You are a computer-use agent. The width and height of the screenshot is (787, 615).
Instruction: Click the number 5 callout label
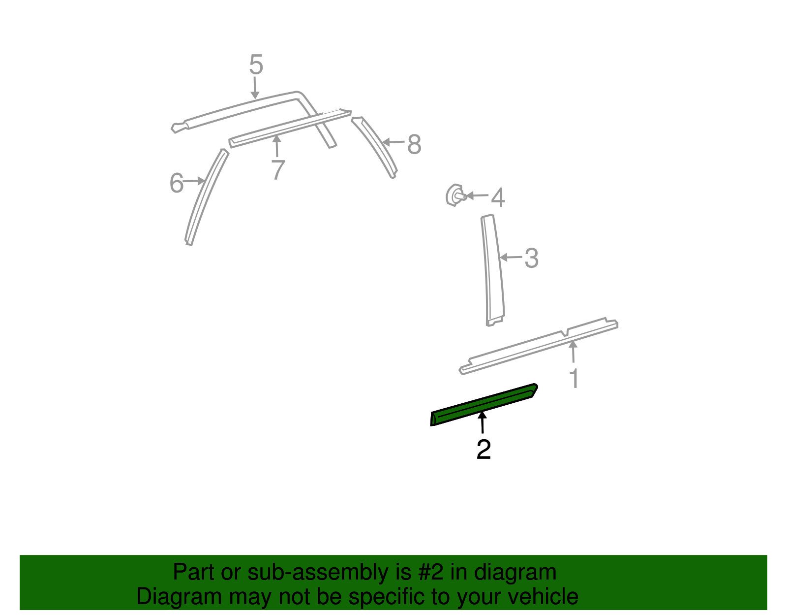coord(256,65)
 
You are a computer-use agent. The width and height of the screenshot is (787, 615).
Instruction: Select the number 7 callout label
coord(278,170)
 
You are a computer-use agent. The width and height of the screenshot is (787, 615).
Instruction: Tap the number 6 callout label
coord(177,183)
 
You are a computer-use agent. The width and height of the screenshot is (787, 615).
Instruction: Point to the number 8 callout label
coord(414,145)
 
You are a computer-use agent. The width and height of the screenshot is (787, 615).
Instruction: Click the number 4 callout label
coord(498,197)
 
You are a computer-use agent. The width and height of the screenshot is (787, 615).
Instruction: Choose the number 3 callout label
coord(531,258)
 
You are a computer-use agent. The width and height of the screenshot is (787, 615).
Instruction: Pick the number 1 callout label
coord(574,379)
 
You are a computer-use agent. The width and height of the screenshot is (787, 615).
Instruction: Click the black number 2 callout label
coord(484,450)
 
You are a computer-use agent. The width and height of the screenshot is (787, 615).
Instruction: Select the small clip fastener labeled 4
coord(453,195)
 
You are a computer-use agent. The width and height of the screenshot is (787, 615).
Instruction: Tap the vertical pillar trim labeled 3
coord(492,271)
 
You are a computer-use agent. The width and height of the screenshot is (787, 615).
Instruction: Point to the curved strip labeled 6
coord(206,197)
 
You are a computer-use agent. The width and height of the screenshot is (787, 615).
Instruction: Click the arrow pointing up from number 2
coord(483,423)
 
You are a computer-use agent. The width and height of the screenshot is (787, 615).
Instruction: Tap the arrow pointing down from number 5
coord(255,88)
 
